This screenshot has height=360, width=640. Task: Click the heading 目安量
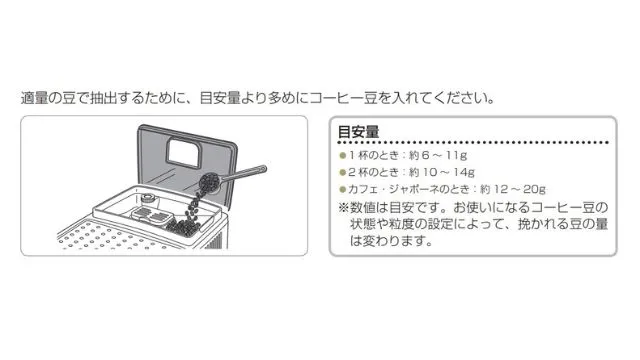pos(357,131)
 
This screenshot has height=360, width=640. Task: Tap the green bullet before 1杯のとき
pos(342,156)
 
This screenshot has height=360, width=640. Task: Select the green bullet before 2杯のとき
pos(342,172)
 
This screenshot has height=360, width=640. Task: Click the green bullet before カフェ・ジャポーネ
pos(342,188)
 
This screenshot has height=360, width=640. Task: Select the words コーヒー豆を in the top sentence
pos(365,100)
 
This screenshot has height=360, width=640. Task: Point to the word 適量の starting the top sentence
pos(40,100)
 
